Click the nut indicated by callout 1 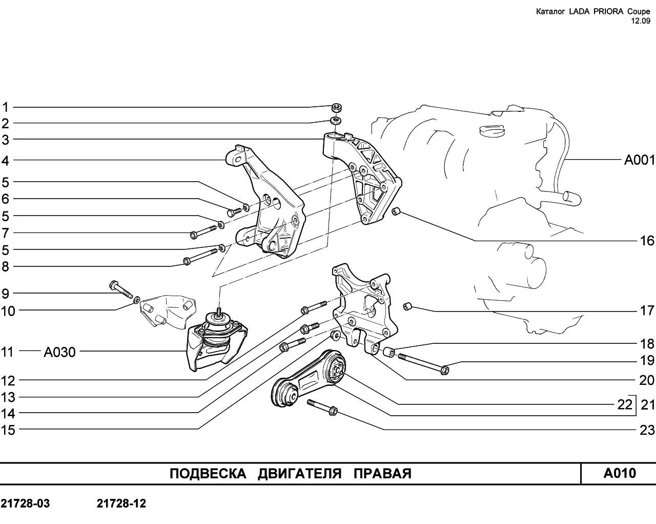point(337,107)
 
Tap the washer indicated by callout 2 point(336,120)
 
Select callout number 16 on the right point(647,241)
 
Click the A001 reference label point(639,160)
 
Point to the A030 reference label point(60,352)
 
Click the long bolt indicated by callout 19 point(423,363)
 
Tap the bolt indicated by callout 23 point(322,407)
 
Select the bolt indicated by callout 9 point(121,288)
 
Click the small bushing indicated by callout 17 point(407,306)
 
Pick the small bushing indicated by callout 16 point(396,211)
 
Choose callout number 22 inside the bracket point(625,404)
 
